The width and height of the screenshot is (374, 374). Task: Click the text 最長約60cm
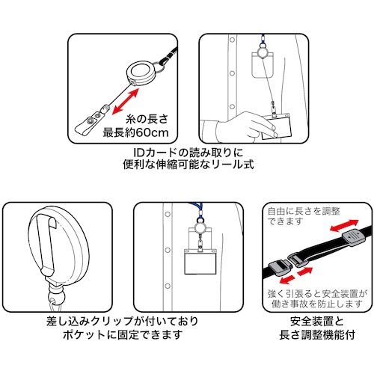pos(136,132)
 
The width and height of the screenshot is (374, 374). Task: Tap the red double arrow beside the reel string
pos(125,102)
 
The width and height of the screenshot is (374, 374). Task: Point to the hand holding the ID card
pos(245,126)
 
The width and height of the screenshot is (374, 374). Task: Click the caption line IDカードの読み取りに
pos(188,153)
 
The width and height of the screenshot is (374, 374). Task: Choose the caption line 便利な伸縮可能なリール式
pos(188,165)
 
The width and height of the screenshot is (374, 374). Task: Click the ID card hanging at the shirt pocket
pos(200,261)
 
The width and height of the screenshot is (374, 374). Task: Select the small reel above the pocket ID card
pos(200,227)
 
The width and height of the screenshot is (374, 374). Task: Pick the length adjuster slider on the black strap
pos(354,238)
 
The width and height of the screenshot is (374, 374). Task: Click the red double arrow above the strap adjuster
pos(344,225)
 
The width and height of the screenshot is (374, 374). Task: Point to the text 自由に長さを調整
pos(304,211)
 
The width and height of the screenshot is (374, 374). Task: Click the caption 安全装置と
pos(316,322)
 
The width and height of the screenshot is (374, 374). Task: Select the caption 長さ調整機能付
pos(316,335)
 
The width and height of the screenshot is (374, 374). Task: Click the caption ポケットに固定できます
pos(122,335)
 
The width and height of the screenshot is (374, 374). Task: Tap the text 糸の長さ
pos(147,119)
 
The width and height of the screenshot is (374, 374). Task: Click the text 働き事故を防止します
pos(316,304)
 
